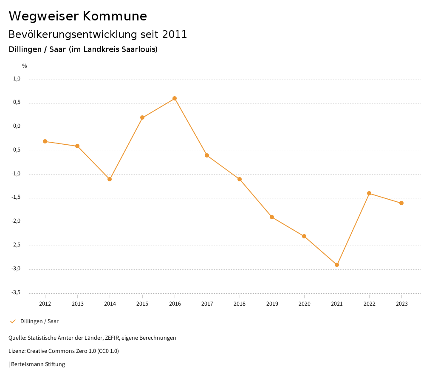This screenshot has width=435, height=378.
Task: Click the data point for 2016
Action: tap(175, 98)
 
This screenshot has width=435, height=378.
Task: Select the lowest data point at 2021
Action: tap(337, 265)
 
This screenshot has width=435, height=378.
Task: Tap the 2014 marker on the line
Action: tap(110, 179)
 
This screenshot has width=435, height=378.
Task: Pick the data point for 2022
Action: tap(369, 193)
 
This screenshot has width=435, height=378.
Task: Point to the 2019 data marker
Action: tap(272, 217)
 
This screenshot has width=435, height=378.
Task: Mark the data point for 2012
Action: tap(45, 141)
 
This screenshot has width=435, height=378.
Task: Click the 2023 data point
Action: tap(401, 203)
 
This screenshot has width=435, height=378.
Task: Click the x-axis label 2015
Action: tap(142, 304)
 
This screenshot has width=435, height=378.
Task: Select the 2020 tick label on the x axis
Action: tap(305, 304)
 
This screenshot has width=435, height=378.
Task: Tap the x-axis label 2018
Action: tap(240, 304)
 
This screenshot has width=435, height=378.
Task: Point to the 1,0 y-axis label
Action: tap(17, 79)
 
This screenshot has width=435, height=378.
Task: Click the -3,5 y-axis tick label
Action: tap(16, 292)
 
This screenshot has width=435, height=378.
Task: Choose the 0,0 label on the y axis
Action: tap(17, 126)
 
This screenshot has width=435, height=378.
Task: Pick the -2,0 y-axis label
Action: tap(16, 221)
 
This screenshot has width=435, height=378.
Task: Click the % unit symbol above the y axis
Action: tap(25, 66)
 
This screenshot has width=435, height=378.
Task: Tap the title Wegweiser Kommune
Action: tap(78, 16)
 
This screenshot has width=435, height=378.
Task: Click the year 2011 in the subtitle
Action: tap(175, 34)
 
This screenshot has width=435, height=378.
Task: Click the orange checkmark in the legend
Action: tap(13, 321)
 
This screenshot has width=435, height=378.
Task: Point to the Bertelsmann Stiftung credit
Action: tap(38, 364)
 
